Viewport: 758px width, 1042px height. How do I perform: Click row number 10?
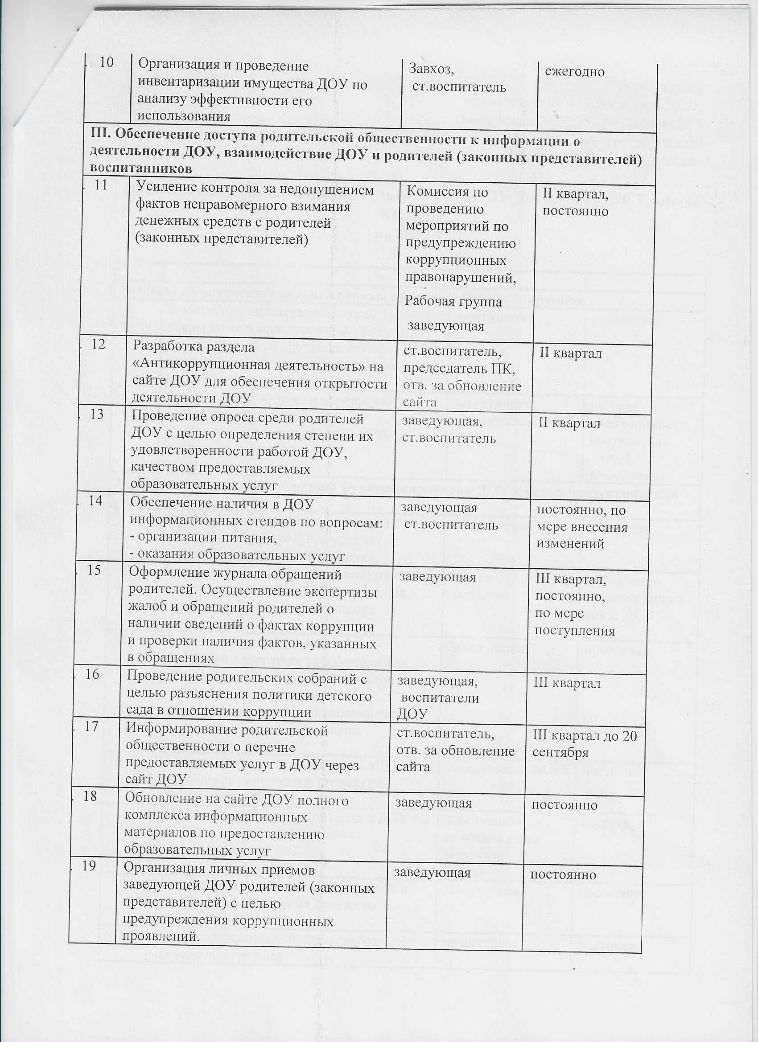click(x=106, y=62)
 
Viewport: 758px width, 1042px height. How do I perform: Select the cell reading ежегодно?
click(x=574, y=72)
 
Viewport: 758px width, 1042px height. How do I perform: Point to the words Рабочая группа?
click(x=453, y=302)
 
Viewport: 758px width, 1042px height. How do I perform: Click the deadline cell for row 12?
click(x=570, y=353)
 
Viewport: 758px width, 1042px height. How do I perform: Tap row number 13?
click(x=97, y=414)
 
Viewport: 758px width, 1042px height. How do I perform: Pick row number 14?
click(x=95, y=501)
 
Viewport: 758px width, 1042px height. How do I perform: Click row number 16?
click(x=93, y=674)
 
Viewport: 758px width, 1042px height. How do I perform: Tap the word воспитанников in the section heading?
click(x=140, y=168)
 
